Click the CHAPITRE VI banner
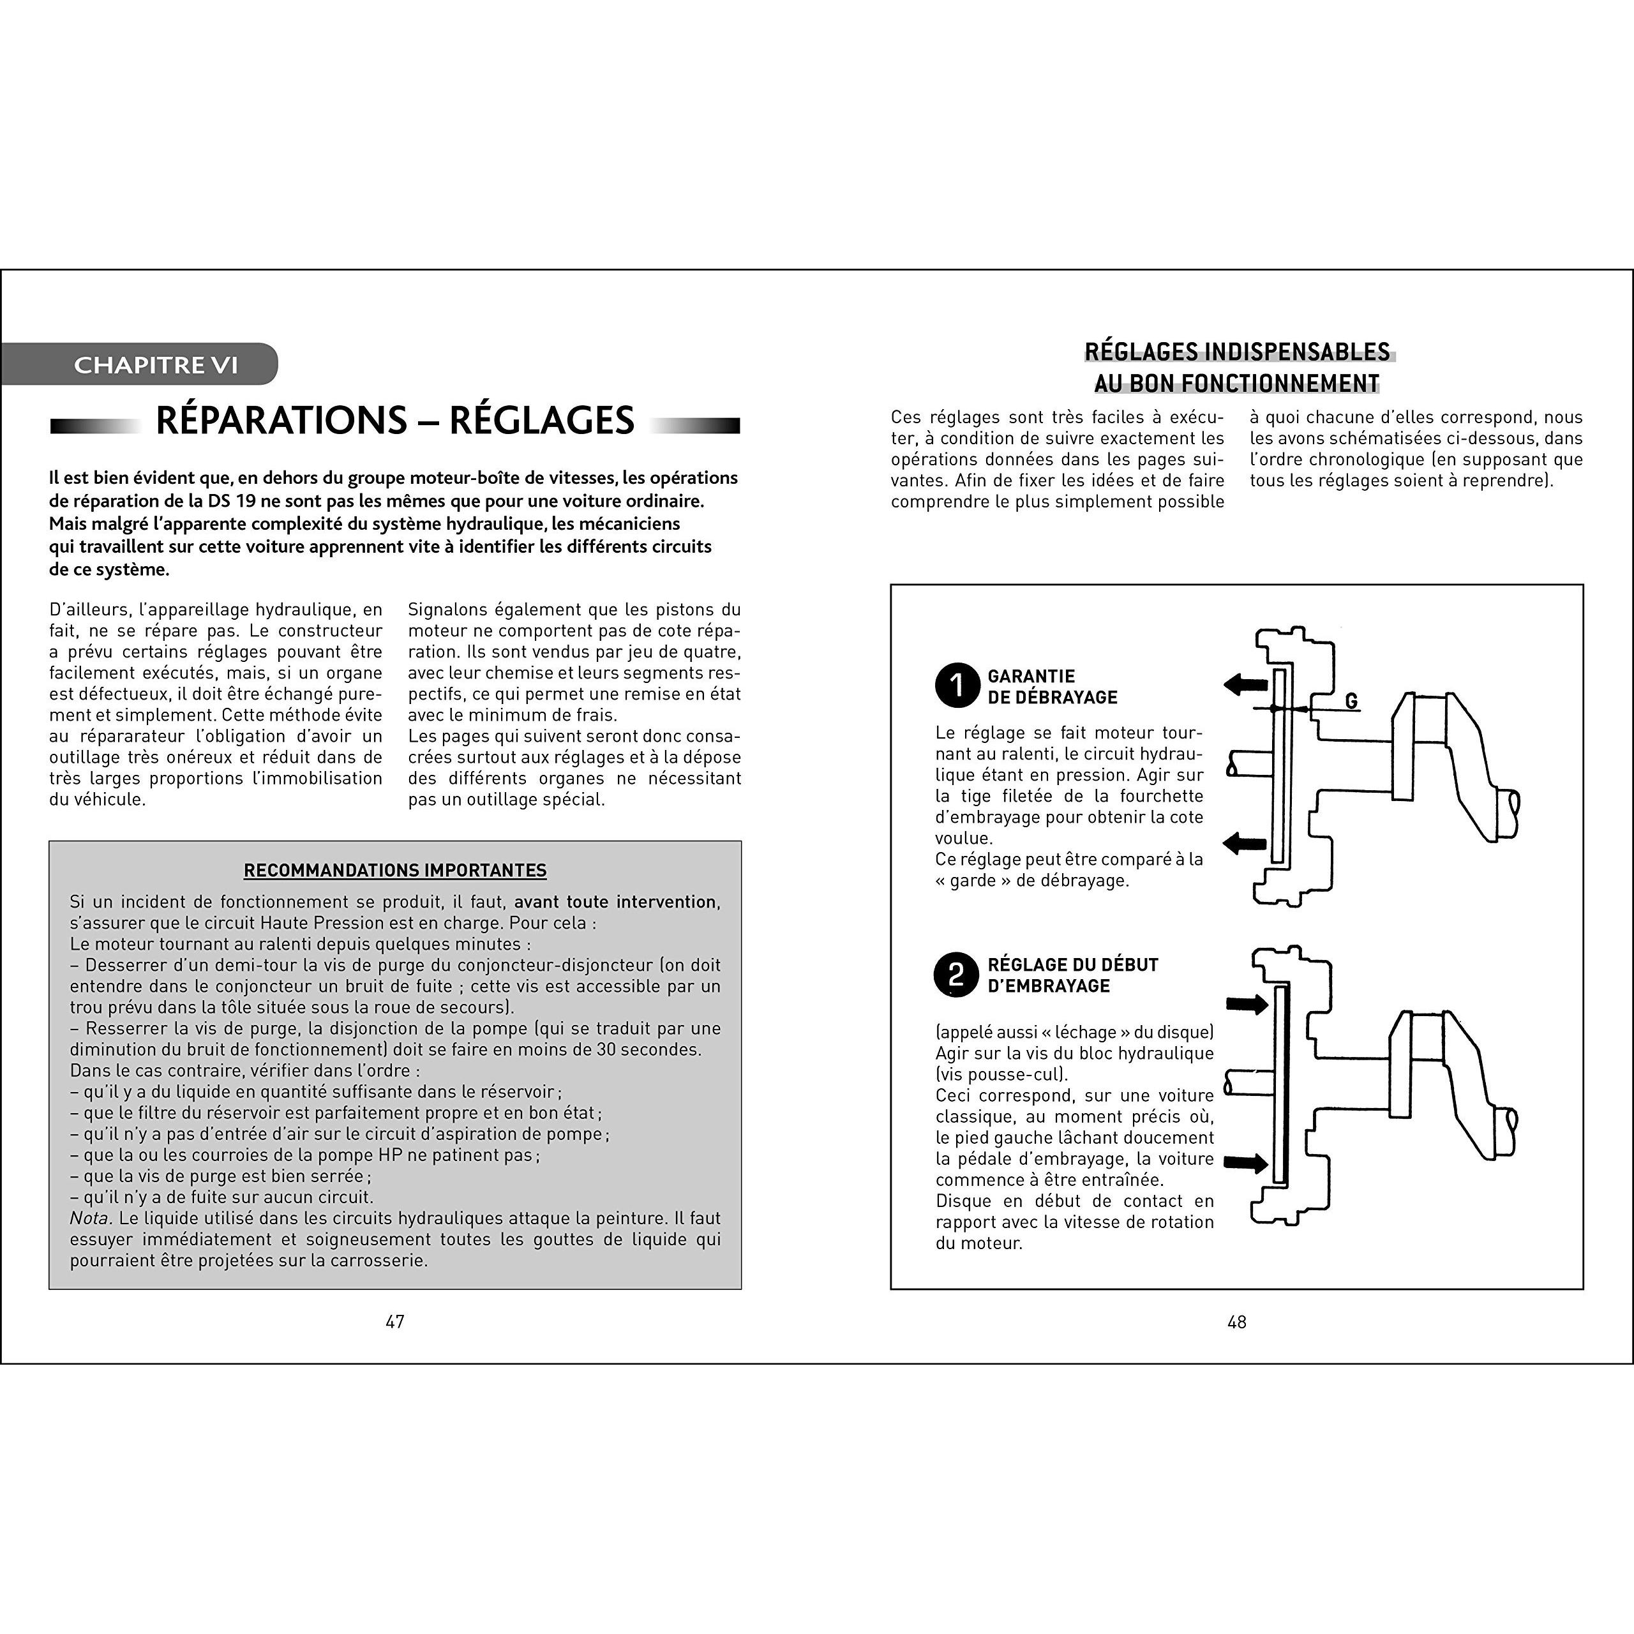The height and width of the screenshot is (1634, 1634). (140, 364)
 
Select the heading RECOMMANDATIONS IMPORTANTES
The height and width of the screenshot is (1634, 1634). (395, 870)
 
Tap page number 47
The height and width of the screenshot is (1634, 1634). (395, 1322)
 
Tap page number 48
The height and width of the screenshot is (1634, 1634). (1236, 1322)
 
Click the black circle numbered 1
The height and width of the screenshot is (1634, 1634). (957, 685)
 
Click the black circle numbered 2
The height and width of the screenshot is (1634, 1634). (957, 974)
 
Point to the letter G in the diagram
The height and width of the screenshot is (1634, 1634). (1351, 701)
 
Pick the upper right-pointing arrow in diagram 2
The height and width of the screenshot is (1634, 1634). (1247, 1004)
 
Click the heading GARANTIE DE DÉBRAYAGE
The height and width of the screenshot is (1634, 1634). (1052, 687)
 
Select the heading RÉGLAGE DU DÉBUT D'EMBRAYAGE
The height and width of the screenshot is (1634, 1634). (1072, 975)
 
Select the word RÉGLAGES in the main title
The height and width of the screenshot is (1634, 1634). (541, 421)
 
